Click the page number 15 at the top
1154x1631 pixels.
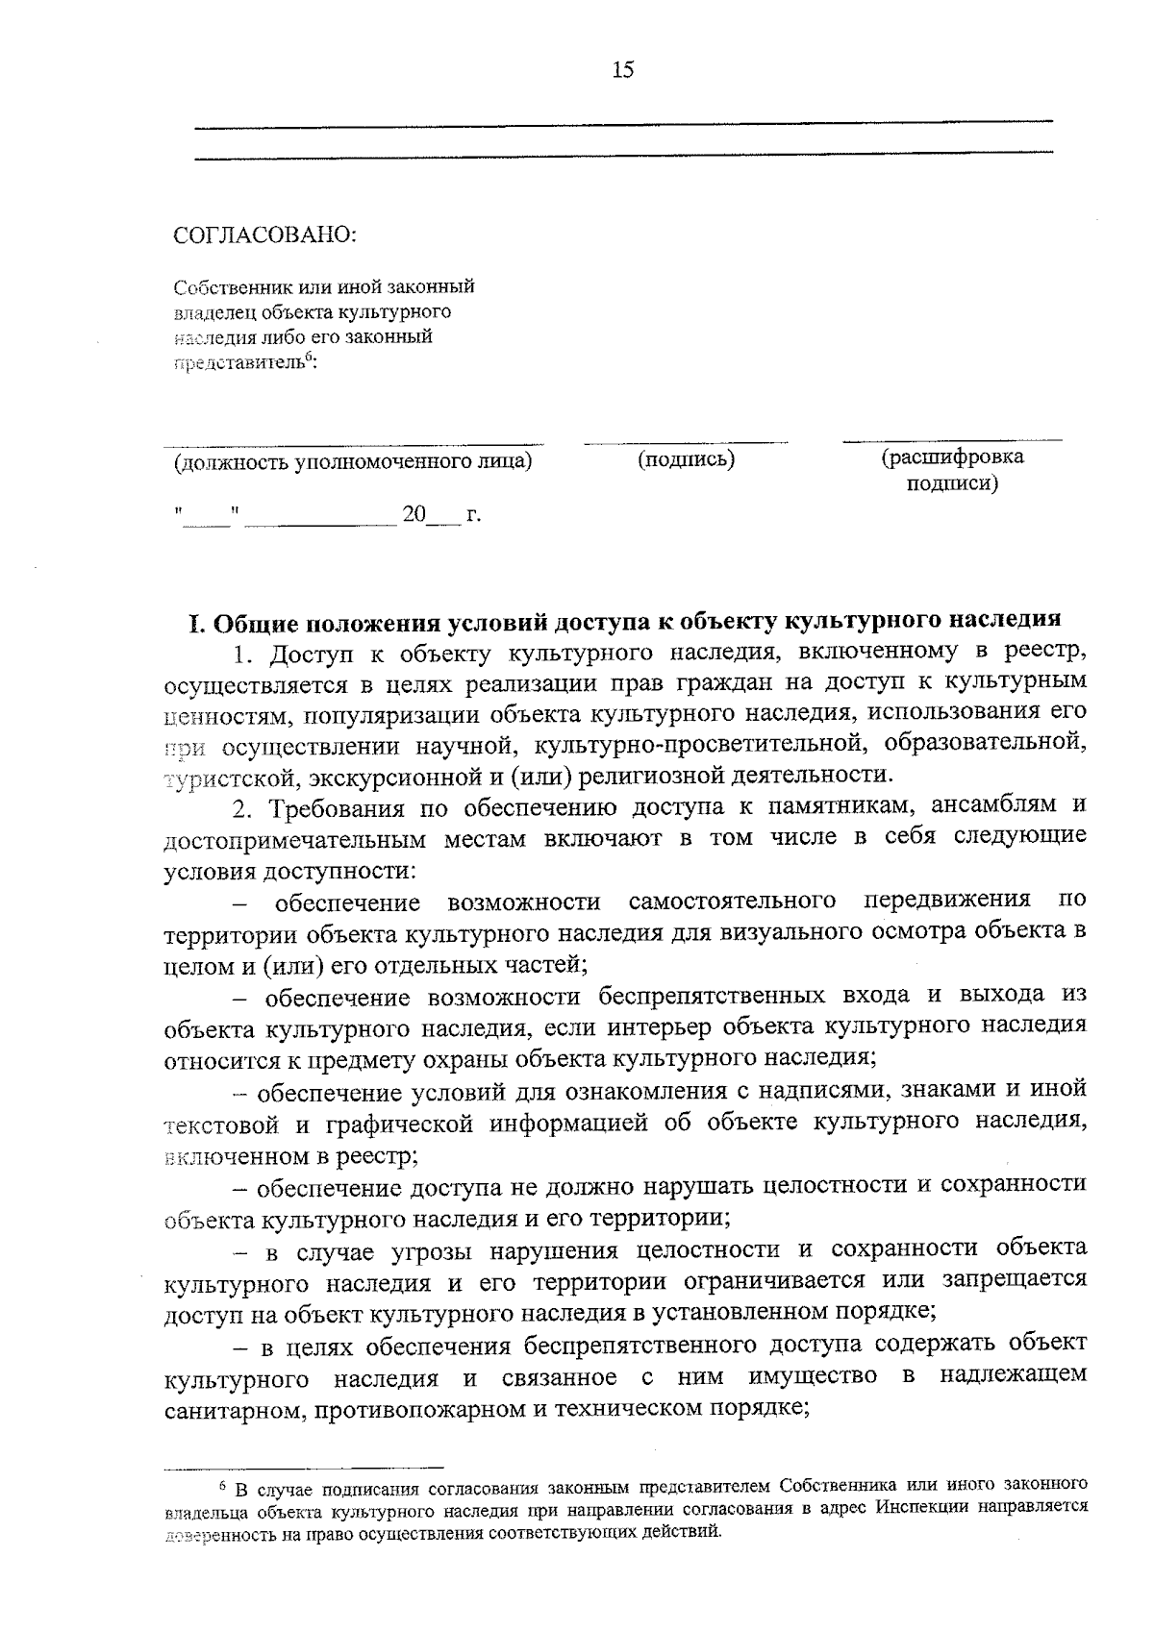click(622, 70)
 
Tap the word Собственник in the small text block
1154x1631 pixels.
click(222, 286)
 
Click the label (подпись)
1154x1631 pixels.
click(686, 459)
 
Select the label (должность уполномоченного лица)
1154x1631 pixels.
click(352, 461)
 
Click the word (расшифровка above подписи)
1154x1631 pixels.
click(952, 457)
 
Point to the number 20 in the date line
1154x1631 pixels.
click(414, 515)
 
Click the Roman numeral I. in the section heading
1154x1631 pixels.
click(197, 623)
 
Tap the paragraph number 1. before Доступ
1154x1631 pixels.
click(245, 655)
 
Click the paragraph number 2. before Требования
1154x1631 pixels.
click(245, 806)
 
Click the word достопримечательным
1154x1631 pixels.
click(294, 839)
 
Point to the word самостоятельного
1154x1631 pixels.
click(731, 902)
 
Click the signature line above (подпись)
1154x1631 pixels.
click(685, 443)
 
